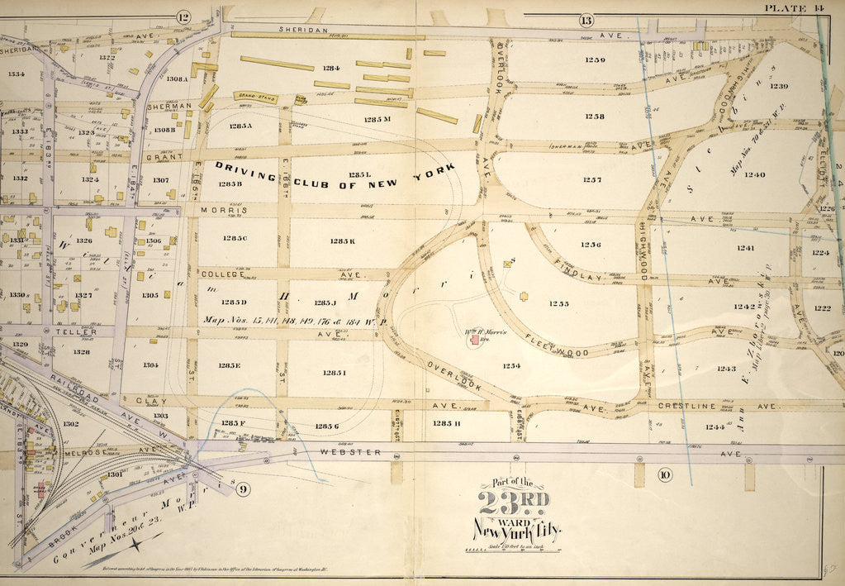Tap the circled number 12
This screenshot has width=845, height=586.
coord(183,17)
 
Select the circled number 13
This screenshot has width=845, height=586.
coord(587,20)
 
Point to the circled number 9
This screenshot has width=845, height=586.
coord(242,489)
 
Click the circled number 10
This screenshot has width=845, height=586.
coord(663,474)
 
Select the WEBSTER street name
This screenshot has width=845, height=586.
coord(357,452)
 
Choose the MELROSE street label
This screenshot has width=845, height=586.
coord(80,450)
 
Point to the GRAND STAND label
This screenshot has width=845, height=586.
coord(254,96)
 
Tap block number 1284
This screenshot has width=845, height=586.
coord(331,68)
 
